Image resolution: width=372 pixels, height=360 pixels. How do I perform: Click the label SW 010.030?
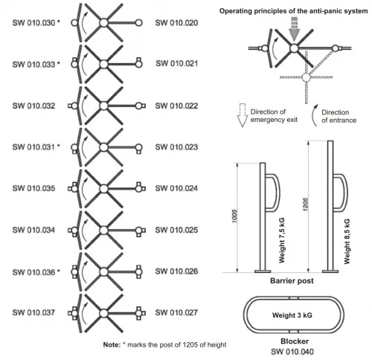33,23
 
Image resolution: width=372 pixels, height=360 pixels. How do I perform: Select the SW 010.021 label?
177,63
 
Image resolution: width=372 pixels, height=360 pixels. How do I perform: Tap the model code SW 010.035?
33,188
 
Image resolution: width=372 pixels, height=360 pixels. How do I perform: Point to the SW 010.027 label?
176,312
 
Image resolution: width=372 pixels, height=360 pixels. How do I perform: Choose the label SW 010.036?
33,272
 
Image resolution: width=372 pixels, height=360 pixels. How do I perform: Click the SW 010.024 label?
176,188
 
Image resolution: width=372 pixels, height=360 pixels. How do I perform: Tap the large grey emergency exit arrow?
295,29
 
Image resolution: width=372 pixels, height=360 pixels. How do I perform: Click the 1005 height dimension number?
234,216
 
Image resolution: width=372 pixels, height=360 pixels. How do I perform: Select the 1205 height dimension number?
305,205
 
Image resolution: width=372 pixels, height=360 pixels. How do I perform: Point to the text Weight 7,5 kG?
282,240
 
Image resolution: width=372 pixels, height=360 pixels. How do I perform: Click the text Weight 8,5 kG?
347,241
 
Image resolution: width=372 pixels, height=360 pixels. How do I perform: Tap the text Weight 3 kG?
292,315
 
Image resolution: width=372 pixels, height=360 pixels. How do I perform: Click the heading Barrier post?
292,281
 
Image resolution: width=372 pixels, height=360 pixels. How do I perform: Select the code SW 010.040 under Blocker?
292,352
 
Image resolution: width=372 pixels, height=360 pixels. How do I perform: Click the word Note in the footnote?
112,344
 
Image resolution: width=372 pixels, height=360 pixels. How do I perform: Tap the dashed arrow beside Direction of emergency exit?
242,115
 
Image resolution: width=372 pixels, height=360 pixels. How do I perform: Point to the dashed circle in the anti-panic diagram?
306,77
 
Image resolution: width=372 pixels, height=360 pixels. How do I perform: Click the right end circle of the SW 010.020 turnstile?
139,23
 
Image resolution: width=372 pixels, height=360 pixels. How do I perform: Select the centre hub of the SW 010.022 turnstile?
104,106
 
